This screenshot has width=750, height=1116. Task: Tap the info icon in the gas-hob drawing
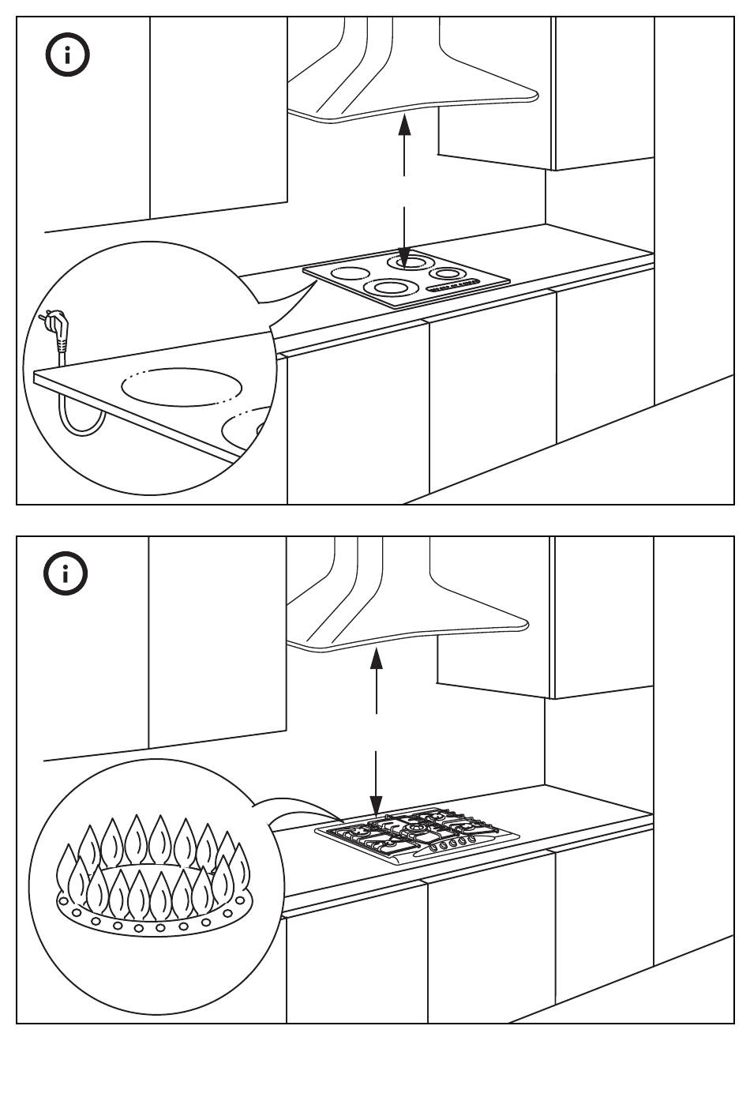click(66, 575)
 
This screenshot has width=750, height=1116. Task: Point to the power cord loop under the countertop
click(79, 415)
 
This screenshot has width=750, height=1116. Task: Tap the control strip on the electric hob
click(453, 286)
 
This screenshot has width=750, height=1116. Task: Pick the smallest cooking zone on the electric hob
click(447, 274)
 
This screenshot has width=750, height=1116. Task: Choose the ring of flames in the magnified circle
click(150, 865)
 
